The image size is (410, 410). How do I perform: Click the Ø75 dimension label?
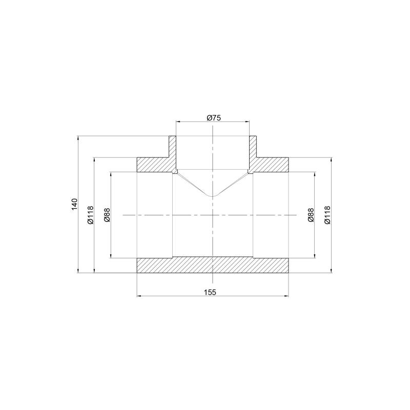214,118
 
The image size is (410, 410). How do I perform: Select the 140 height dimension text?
74,204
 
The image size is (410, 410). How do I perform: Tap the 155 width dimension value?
210,292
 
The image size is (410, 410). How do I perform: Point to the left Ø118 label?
91,215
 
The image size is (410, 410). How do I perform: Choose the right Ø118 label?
327,215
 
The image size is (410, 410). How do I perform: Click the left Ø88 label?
107,215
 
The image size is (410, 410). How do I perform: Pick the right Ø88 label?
311,215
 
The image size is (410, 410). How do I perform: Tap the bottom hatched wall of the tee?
213,265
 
